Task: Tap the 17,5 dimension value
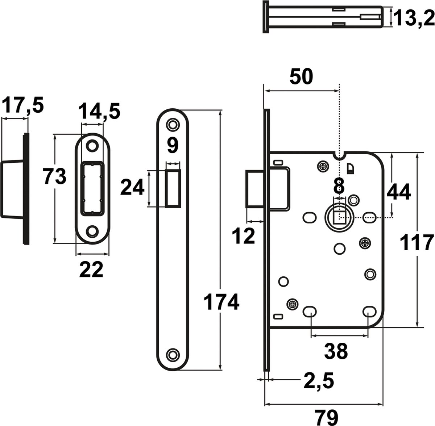tap(22, 105)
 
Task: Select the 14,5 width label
tap(99, 111)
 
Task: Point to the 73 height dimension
tap(55, 177)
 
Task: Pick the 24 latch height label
tap(132, 187)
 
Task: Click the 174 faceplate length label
tap(221, 302)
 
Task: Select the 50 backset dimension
tap(301, 76)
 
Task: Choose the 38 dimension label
tap(336, 351)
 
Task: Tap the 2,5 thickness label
tap(319, 380)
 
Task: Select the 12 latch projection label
tap(243, 236)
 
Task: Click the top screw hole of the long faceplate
tap(173, 124)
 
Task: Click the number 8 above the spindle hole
tap(339, 185)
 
